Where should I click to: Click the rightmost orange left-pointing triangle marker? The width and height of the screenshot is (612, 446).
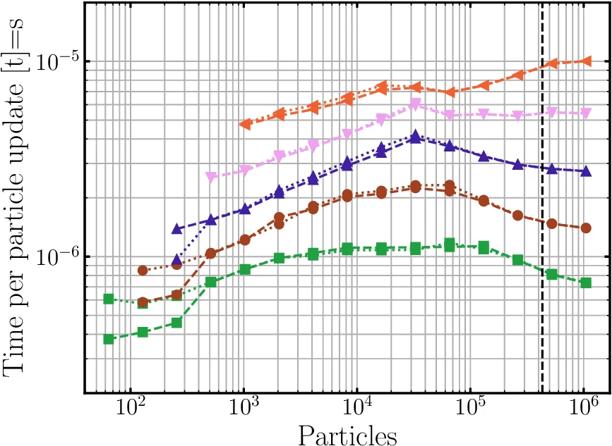point(585,61)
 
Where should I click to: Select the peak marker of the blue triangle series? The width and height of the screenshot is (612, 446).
point(415,137)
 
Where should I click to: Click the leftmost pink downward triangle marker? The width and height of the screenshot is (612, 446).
point(210,177)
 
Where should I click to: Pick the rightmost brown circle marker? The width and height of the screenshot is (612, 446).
point(585,228)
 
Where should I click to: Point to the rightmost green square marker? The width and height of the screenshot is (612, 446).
point(585,283)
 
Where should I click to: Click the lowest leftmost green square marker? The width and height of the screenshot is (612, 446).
point(109,339)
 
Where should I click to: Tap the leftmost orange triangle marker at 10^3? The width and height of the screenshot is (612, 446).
point(245,124)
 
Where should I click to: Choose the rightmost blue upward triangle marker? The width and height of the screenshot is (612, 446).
point(585,171)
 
